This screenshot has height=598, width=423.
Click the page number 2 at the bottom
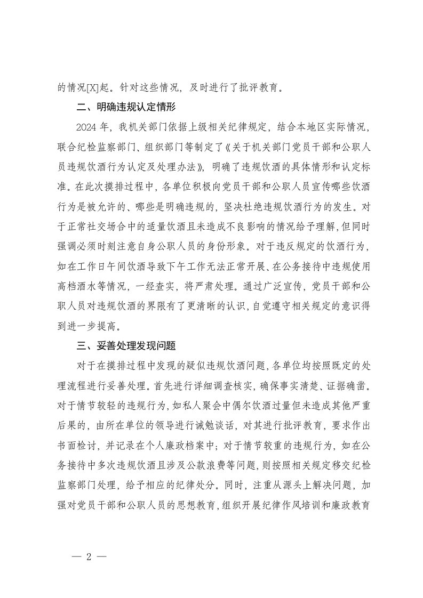pos(89,556)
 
